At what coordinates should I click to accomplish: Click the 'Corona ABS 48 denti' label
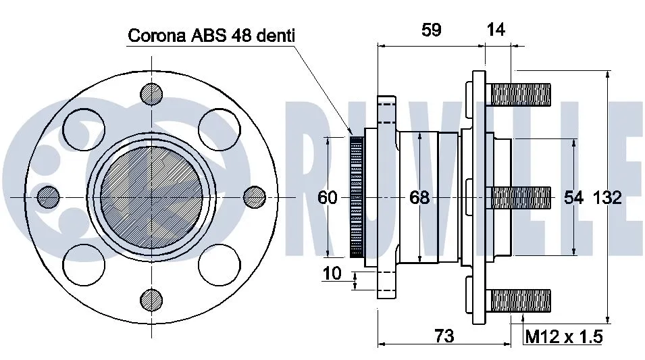tap(211, 35)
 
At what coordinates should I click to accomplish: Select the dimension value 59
tap(431, 30)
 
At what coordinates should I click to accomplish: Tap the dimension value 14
tap(495, 30)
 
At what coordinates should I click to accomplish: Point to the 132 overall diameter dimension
tap(608, 197)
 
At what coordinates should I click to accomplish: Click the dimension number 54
tap(574, 197)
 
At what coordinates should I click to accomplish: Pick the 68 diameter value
tap(419, 197)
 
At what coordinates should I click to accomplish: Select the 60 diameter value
tap(328, 197)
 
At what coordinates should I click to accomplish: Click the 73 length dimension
tap(444, 336)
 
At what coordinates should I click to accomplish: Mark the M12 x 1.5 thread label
tap(563, 336)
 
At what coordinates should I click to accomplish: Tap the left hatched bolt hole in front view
tap(49, 197)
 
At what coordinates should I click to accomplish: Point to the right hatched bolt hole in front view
tap(254, 197)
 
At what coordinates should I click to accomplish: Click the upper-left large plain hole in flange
tap(84, 128)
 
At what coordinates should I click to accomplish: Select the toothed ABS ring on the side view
tap(356, 197)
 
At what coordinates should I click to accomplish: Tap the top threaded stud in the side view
tap(521, 93)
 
